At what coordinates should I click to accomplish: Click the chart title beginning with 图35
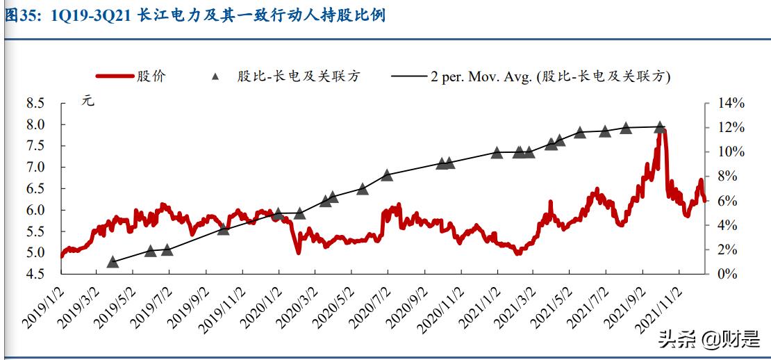[x=195, y=15]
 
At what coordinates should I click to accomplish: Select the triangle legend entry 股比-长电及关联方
[x=285, y=76]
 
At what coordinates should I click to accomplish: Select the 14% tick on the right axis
[x=729, y=103]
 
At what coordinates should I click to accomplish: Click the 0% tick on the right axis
[x=726, y=274]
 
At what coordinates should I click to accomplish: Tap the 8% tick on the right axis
[x=726, y=177]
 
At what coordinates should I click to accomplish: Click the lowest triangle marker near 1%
[x=113, y=262]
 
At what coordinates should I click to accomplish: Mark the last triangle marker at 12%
[x=660, y=127]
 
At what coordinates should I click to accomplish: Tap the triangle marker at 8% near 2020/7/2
[x=388, y=175]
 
